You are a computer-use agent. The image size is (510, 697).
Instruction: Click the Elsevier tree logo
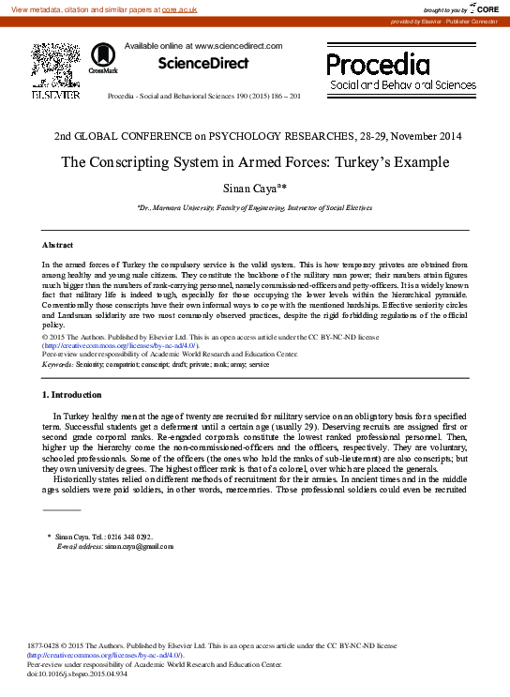click(x=49, y=66)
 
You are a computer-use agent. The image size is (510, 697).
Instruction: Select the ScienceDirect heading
click(x=203, y=64)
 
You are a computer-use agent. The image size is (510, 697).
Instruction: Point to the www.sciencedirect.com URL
click(x=238, y=45)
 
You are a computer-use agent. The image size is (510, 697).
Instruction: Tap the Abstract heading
click(x=58, y=245)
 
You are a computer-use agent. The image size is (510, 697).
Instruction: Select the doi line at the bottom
click(x=75, y=673)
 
